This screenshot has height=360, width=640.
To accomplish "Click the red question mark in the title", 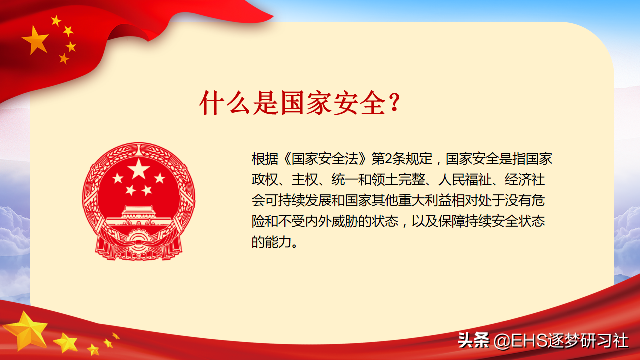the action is (x=394, y=102).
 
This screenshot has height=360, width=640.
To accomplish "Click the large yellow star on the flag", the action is (x=36, y=40).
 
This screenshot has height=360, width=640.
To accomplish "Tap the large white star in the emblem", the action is (x=139, y=169).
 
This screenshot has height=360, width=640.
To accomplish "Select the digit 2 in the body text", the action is (x=388, y=159).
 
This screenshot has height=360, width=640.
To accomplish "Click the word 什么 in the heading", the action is (x=224, y=103).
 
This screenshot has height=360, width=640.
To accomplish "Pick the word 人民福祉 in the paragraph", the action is (x=465, y=180).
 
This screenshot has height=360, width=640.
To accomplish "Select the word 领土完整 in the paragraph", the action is (x=398, y=180).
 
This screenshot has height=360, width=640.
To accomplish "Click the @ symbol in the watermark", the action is (x=502, y=341).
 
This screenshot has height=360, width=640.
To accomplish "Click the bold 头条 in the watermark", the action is (x=473, y=340).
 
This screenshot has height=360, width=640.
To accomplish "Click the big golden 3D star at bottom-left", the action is (x=26, y=331).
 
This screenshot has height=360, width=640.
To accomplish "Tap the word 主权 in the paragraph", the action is (x=305, y=180).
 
